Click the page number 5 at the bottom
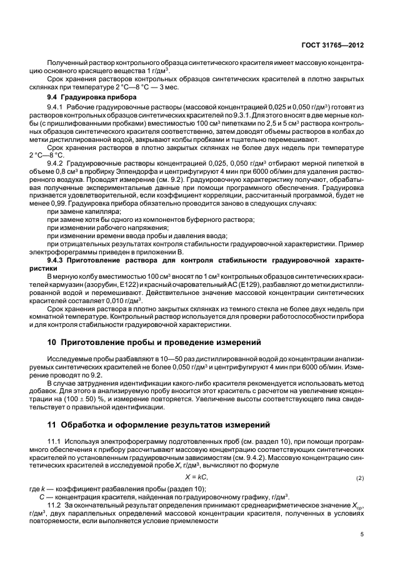click(x=362, y=534)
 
